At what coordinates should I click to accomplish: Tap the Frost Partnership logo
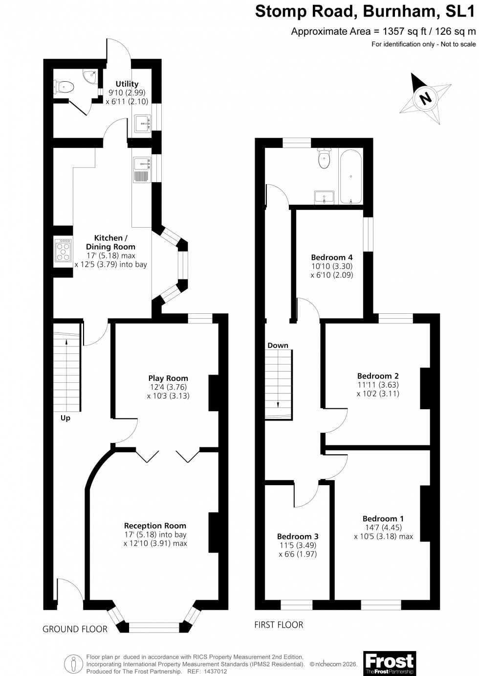390,663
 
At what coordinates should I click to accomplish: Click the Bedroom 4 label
332,257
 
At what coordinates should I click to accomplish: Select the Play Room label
168,378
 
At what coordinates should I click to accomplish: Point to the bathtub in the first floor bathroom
350,177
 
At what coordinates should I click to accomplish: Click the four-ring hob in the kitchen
63,250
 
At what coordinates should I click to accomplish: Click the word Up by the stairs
65,418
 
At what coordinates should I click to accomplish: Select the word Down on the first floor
278,345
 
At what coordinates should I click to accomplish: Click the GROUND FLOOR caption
75,629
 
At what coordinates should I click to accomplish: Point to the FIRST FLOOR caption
279,625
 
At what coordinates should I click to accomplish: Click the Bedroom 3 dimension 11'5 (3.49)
298,545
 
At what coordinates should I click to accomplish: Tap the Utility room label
127,84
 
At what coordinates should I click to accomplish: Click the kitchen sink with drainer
142,169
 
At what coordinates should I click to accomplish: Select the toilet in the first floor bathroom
324,158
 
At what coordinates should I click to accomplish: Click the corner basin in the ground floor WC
90,76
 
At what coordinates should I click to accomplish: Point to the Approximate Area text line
383,31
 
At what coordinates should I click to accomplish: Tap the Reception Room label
155,526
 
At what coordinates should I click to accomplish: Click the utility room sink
142,123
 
